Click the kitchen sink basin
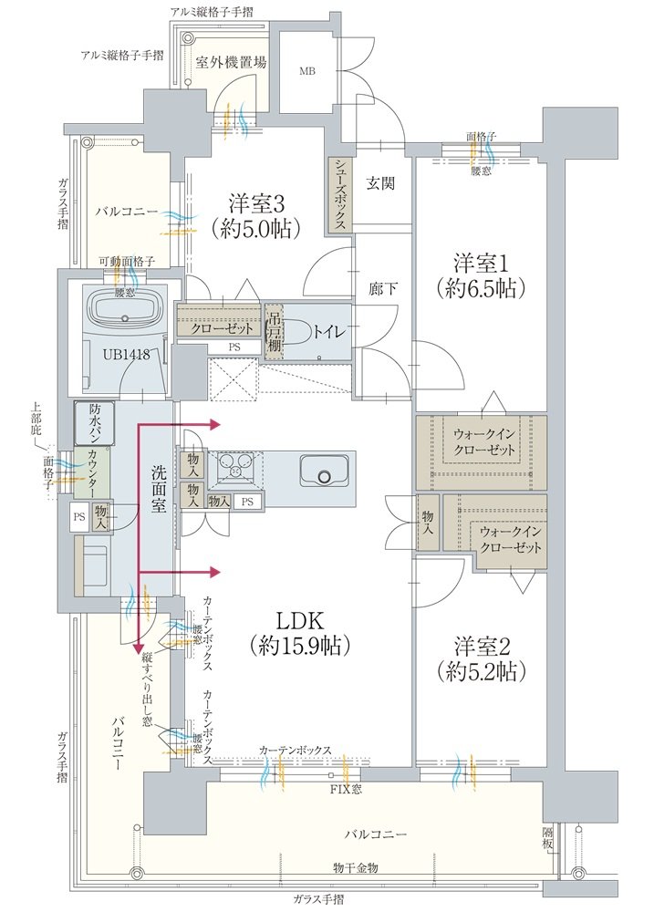pyautogui.click(x=324, y=474)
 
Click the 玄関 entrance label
pyautogui.click(x=380, y=183)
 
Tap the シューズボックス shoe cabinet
pyautogui.click(x=339, y=194)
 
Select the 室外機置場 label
pyautogui.click(x=232, y=62)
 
